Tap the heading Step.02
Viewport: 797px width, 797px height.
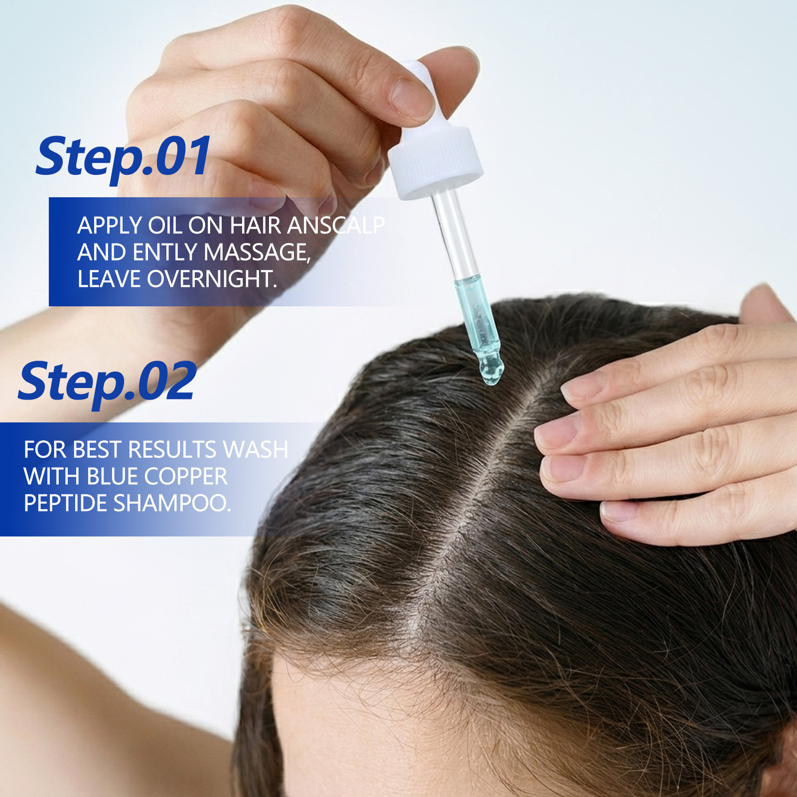pyautogui.click(x=108, y=382)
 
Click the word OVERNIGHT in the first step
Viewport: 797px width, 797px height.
pyautogui.click(x=212, y=279)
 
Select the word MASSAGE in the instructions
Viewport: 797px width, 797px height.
pyautogui.click(x=257, y=252)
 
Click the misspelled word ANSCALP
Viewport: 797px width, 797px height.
pyautogui.click(x=336, y=225)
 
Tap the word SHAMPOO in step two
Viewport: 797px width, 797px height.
pyautogui.click(x=172, y=503)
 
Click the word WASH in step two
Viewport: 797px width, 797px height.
pyautogui.click(x=256, y=449)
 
